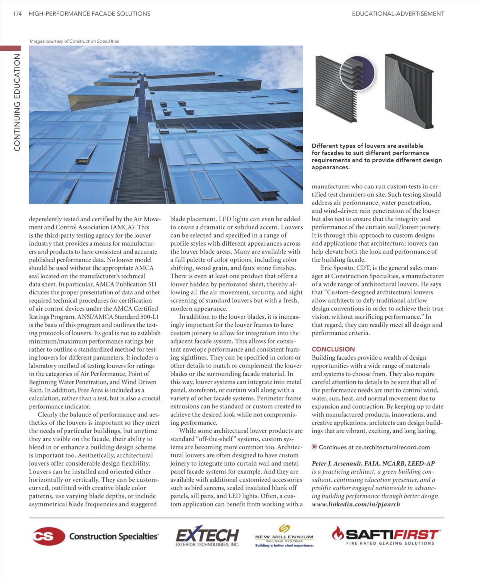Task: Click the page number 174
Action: (17, 14)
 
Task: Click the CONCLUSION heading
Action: (333, 349)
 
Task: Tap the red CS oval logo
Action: (49, 536)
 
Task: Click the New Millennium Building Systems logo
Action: (284, 536)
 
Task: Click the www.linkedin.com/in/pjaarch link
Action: (356, 504)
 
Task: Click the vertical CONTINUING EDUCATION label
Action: (17, 102)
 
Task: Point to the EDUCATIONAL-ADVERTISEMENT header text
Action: (398, 14)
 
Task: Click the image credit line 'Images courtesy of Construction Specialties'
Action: (74, 41)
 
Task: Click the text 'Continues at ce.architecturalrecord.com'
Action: (374, 447)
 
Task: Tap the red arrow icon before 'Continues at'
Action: (314, 447)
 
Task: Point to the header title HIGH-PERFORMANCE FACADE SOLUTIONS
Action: (90, 14)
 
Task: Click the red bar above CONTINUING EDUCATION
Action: (10, 48)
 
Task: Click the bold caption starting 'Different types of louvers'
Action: (376, 156)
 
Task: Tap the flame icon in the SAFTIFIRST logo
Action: (338, 533)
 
